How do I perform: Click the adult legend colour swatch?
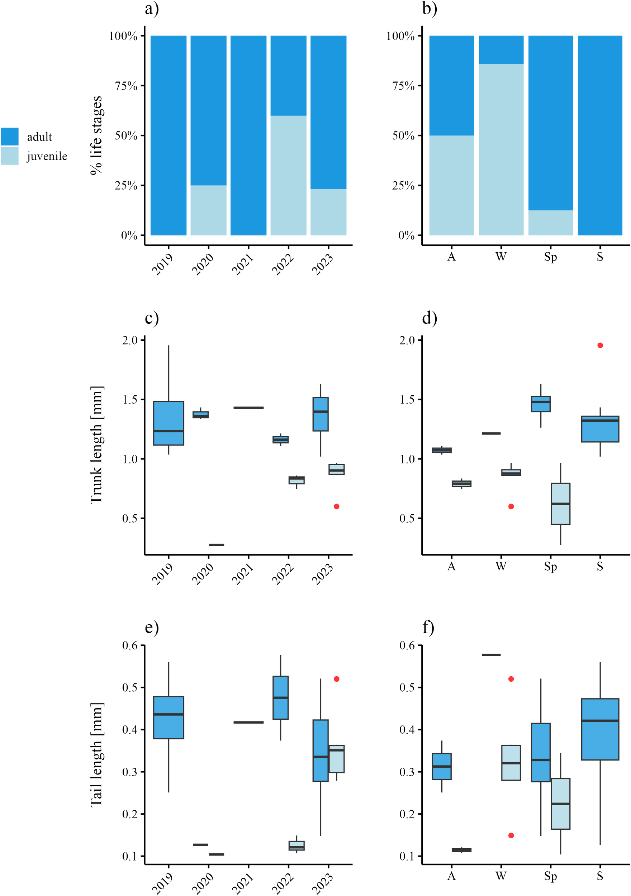pyautogui.click(x=9, y=136)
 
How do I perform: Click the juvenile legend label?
pyautogui.click(x=47, y=156)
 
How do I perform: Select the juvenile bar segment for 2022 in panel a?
pyautogui.click(x=288, y=175)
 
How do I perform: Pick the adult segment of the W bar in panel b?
pyautogui.click(x=501, y=49)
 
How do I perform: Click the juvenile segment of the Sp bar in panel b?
pyautogui.click(x=550, y=223)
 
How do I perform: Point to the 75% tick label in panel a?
pyautogui.click(x=126, y=86)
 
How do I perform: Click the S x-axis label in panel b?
pyautogui.click(x=600, y=257)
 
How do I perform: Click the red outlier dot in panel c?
pyautogui.click(x=337, y=506)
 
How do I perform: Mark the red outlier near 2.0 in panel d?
pyautogui.click(x=600, y=345)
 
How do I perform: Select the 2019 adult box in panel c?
pyautogui.click(x=169, y=423)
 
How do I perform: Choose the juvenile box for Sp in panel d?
pyautogui.click(x=560, y=504)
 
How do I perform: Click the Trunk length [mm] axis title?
pyautogui.click(x=96, y=445)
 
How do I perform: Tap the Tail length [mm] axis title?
pyautogui.click(x=96, y=755)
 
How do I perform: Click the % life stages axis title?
pyautogui.click(x=96, y=135)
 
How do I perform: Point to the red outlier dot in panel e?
pyautogui.click(x=337, y=679)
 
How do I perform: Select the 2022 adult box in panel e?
pyautogui.click(x=280, y=697)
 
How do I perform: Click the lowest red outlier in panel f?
pyautogui.click(x=511, y=835)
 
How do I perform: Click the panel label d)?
pyautogui.click(x=430, y=318)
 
